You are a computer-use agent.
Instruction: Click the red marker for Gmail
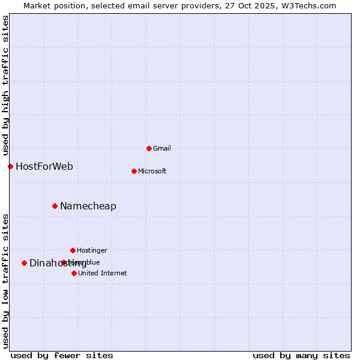pyautogui.click(x=149, y=148)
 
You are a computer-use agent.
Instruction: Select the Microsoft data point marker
pyautogui.click(x=134, y=171)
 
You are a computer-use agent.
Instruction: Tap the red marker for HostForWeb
pyautogui.click(x=10, y=166)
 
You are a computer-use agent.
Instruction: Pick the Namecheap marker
pyautogui.click(x=55, y=206)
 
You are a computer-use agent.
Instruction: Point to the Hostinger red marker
pyautogui.click(x=73, y=250)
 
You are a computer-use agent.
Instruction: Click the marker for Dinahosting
pyautogui.click(x=24, y=263)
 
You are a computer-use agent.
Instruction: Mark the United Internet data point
pyautogui.click(x=74, y=273)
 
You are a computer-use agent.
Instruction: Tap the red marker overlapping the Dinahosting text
pyautogui.click(x=64, y=262)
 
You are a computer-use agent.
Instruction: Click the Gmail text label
pyautogui.click(x=162, y=148)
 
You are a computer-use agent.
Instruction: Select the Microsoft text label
pyautogui.click(x=152, y=171)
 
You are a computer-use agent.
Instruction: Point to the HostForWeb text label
pyautogui.click(x=44, y=166)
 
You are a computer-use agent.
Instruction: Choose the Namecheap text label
pyautogui.click(x=88, y=206)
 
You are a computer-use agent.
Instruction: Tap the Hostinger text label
pyautogui.click(x=92, y=250)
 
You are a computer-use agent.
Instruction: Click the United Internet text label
pyautogui.click(x=102, y=273)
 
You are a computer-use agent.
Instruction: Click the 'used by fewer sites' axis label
pyautogui.click(x=62, y=356)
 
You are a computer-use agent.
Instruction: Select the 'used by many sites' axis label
pyautogui.click(x=301, y=356)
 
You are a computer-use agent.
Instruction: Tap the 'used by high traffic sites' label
pyautogui.click(x=5, y=85)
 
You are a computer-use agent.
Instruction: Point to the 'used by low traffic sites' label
pyautogui.click(x=5, y=281)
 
